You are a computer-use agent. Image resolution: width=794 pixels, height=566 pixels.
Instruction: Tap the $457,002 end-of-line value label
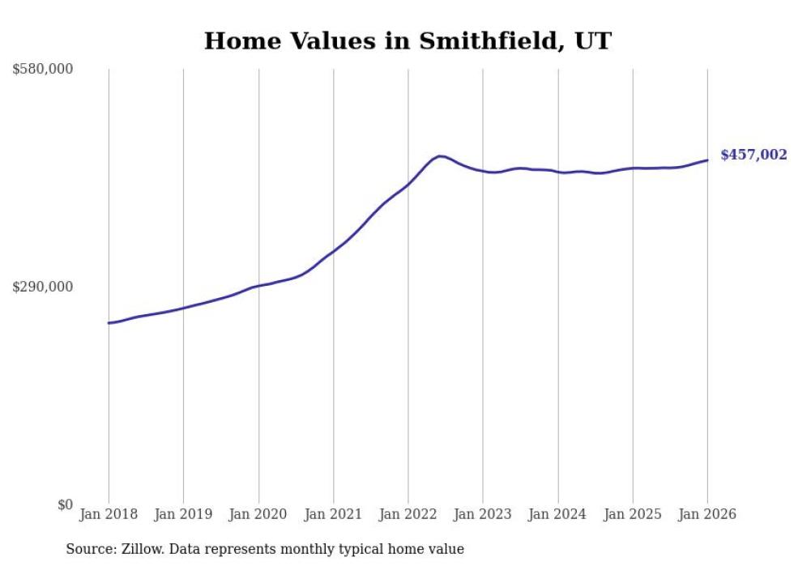coord(753,155)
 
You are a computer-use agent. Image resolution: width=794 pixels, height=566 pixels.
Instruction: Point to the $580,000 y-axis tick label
coord(43,70)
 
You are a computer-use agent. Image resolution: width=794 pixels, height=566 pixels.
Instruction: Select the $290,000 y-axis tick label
coord(43,287)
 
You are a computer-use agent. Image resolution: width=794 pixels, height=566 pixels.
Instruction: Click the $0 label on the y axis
coord(65,505)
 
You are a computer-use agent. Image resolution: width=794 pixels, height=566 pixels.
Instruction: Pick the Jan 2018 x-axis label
coord(109,515)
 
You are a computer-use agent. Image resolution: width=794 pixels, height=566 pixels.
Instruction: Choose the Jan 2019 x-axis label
coord(184,515)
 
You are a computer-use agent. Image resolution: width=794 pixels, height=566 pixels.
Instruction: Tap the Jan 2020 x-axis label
coord(258,515)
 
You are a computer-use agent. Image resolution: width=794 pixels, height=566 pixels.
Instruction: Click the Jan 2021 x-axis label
coord(334,515)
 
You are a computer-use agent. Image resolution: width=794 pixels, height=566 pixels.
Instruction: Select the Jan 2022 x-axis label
coord(408,515)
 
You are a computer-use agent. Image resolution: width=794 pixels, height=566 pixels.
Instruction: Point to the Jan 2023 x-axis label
coord(483,515)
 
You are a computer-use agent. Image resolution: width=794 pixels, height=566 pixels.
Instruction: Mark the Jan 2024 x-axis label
coord(558,515)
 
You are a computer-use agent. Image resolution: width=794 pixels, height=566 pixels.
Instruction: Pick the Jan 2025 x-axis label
coord(633,515)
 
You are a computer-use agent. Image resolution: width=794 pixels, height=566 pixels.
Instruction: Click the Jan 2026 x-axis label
coord(707,515)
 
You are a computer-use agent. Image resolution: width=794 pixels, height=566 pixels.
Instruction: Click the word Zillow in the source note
coord(137,550)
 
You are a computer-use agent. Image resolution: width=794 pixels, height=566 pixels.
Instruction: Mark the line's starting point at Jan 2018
coord(109,323)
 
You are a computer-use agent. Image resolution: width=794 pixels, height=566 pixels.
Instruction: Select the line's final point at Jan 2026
coord(707,160)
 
